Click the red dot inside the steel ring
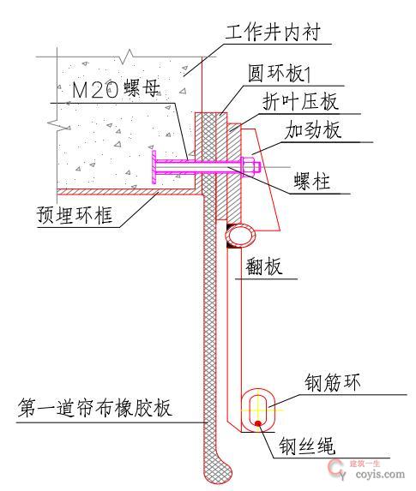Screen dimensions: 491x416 [258, 422]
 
